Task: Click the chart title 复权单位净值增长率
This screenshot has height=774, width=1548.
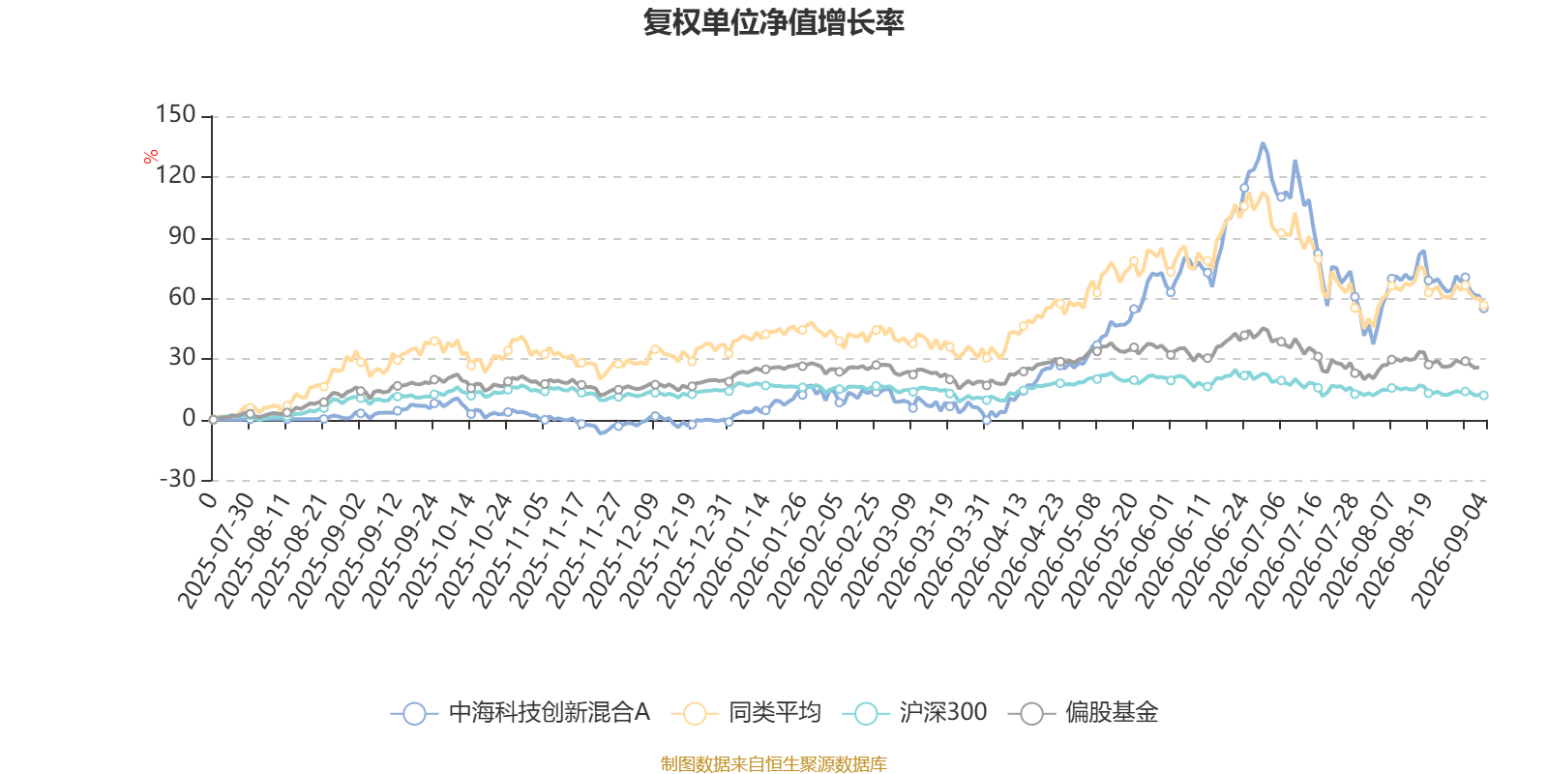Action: coord(773,22)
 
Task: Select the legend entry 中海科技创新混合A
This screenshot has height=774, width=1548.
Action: coord(521,712)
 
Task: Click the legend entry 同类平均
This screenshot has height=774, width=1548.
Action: coord(746,712)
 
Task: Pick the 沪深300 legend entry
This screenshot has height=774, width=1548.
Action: coord(914,712)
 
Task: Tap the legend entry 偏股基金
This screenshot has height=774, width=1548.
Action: coord(1083,712)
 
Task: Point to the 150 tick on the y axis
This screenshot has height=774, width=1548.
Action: coord(175,115)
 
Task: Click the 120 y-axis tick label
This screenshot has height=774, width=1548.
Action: coord(175,175)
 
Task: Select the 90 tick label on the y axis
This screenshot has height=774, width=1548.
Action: coord(183,236)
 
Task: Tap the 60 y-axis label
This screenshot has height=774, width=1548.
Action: coord(183,297)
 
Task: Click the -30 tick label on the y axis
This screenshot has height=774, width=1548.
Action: coord(178,478)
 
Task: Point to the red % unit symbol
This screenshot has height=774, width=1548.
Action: coord(151,157)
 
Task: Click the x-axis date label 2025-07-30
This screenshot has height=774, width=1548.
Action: coord(217,551)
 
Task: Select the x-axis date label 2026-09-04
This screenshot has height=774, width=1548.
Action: coord(1449,551)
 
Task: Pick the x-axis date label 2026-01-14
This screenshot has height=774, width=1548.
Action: coord(731,551)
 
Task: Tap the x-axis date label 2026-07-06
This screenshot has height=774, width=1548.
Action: coord(1247,551)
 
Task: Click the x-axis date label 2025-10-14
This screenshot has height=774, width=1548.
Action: coord(437,551)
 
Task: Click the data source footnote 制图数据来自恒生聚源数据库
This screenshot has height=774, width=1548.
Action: coord(773,763)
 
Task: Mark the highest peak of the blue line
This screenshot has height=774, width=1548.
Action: coord(1263,144)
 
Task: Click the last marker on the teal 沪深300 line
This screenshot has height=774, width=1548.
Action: coord(1484,396)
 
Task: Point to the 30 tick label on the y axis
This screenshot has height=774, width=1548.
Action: coord(183,357)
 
